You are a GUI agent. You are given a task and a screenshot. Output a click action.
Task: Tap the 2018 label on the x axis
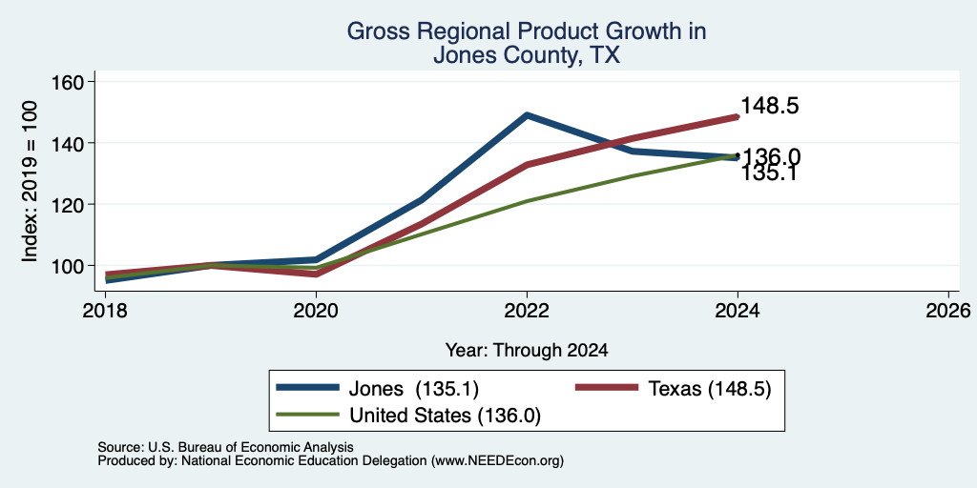point(105,310)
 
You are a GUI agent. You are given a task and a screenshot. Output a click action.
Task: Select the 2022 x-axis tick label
point(527,310)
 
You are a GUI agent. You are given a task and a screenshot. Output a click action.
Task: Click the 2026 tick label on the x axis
point(949,310)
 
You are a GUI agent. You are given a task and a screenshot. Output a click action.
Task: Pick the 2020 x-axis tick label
point(316,310)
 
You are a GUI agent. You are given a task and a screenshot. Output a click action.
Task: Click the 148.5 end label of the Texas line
point(770,106)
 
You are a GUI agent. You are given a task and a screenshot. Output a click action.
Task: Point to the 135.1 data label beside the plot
point(770,173)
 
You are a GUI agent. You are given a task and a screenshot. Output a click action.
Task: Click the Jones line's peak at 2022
point(527,115)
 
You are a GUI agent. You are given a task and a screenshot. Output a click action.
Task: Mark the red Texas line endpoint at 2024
point(738,116)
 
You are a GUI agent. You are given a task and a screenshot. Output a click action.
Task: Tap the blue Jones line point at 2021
point(422,200)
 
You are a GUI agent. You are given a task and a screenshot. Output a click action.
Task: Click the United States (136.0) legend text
point(445,416)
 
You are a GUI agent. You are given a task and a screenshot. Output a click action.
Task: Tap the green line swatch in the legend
point(308,415)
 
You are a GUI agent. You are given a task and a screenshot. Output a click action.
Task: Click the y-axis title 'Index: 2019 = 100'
point(30,182)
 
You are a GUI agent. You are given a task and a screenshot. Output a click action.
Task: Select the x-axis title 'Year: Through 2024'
point(527,351)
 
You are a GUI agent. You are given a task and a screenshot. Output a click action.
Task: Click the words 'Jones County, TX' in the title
point(527,55)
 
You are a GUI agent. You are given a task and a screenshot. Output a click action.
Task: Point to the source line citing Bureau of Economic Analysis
point(225,448)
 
